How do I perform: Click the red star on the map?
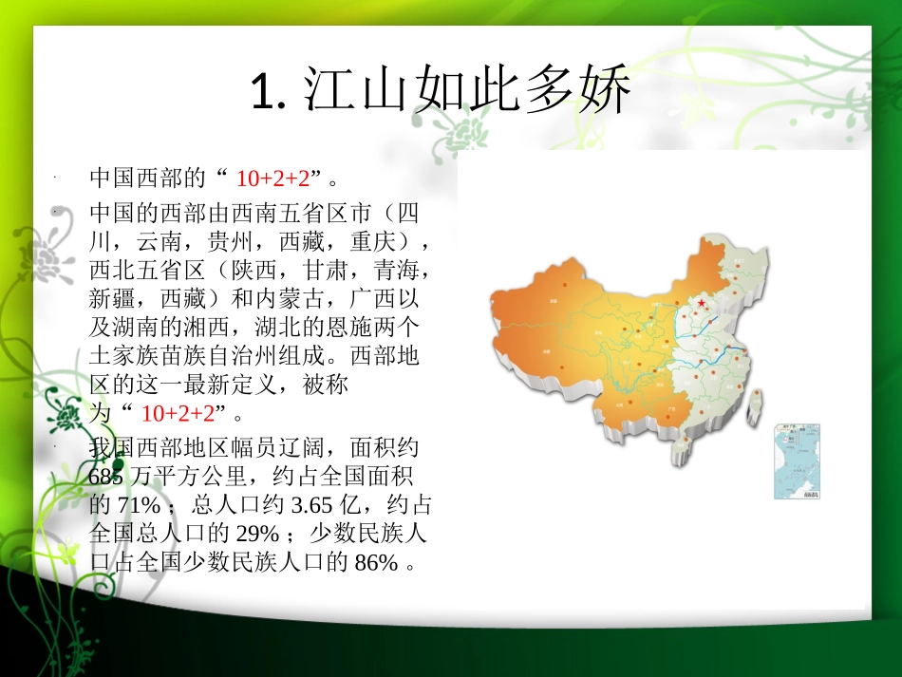(702, 303)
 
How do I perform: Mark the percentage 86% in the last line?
(376, 562)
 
